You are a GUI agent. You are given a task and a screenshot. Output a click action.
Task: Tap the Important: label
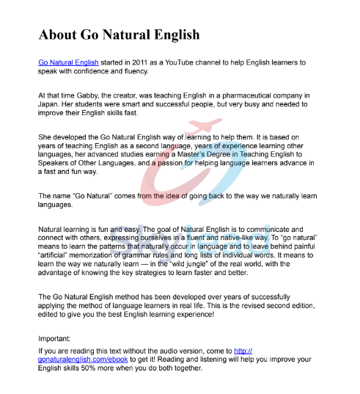tap(55, 339)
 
